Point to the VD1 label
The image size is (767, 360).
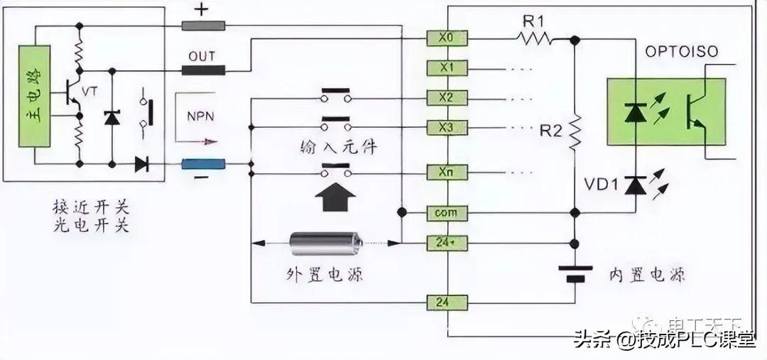601,186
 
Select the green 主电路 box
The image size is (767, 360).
34,97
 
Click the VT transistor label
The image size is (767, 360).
90,92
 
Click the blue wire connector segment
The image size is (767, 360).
203,165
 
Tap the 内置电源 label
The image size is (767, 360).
647,275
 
